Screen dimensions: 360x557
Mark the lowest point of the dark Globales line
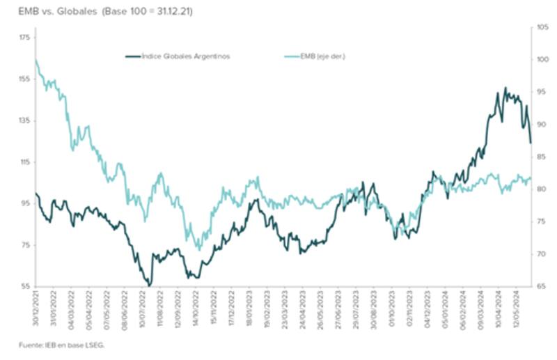click(x=148, y=285)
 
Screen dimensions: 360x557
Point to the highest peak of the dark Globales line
click(x=505, y=88)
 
